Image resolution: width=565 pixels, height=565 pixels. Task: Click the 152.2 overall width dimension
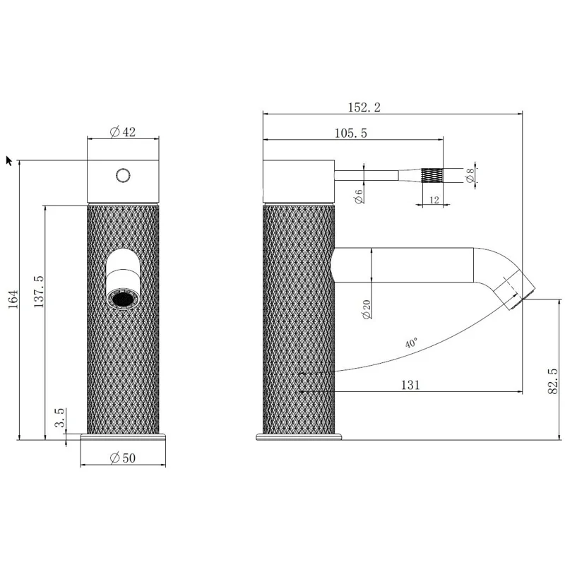[x=364, y=107]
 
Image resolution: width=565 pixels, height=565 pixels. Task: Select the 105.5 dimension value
[x=350, y=133]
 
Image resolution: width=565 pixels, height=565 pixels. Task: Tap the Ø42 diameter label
[x=122, y=132]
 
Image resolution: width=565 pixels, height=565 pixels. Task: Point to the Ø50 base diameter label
[x=122, y=458]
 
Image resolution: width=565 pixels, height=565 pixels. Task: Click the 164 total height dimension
[x=13, y=299]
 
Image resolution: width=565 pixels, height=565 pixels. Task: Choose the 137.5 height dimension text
[x=39, y=292]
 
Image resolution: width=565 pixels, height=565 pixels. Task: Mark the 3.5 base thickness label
[x=60, y=417]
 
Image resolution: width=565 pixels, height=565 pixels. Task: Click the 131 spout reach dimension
[x=410, y=385]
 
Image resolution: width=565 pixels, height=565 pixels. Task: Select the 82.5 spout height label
[x=553, y=381]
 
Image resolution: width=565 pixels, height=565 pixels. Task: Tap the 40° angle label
[x=411, y=343]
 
